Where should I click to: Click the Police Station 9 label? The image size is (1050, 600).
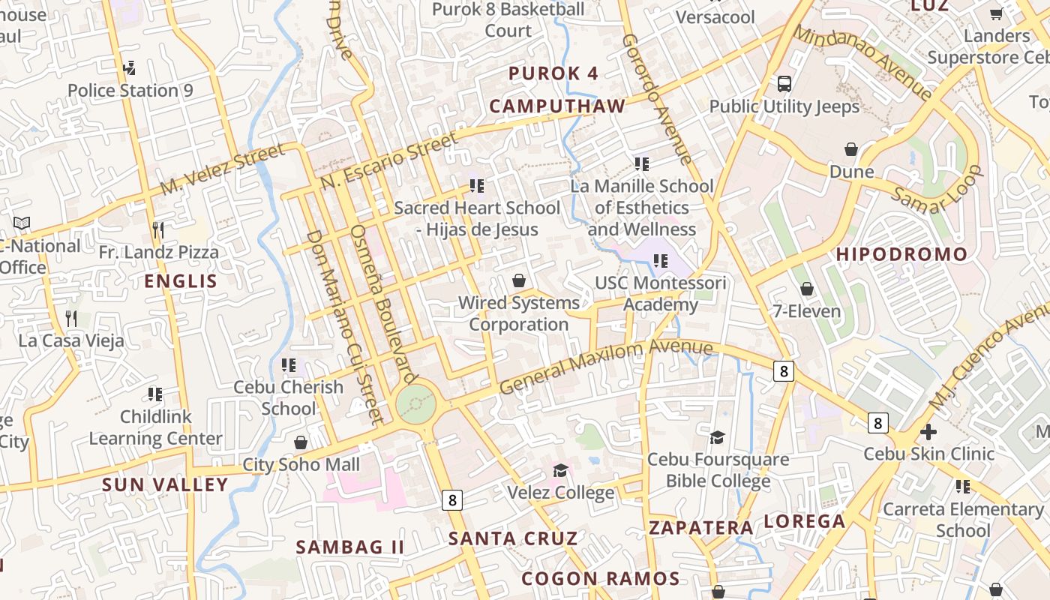pyautogui.click(x=130, y=91)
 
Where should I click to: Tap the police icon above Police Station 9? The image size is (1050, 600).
pyautogui.click(x=130, y=67)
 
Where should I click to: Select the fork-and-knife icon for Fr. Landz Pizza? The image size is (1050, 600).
pyautogui.click(x=157, y=229)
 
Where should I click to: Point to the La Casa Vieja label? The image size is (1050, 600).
pyautogui.click(x=71, y=340)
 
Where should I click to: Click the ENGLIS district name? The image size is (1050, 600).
pyautogui.click(x=181, y=282)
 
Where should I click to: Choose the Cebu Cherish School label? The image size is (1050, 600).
pyautogui.click(x=289, y=398)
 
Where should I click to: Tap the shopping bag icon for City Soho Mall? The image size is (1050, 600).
pyautogui.click(x=301, y=442)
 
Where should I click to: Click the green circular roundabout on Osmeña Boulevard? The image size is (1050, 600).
pyautogui.click(x=415, y=404)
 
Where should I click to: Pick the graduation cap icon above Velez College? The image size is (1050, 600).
pyautogui.click(x=560, y=470)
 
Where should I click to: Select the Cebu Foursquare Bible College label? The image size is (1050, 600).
pyautogui.click(x=718, y=470)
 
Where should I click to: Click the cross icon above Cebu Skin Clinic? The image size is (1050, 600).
pyautogui.click(x=928, y=432)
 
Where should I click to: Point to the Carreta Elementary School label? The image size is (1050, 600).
pyautogui.click(x=963, y=520)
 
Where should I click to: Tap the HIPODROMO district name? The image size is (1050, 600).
pyautogui.click(x=901, y=254)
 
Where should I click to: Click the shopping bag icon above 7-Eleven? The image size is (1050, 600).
pyautogui.click(x=807, y=289)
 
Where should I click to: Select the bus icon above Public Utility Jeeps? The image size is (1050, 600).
pyautogui.click(x=784, y=83)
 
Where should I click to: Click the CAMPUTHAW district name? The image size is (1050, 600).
pyautogui.click(x=557, y=106)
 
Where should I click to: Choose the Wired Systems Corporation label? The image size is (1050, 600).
pyautogui.click(x=519, y=313)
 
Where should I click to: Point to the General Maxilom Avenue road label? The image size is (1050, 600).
pyautogui.click(x=606, y=366)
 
